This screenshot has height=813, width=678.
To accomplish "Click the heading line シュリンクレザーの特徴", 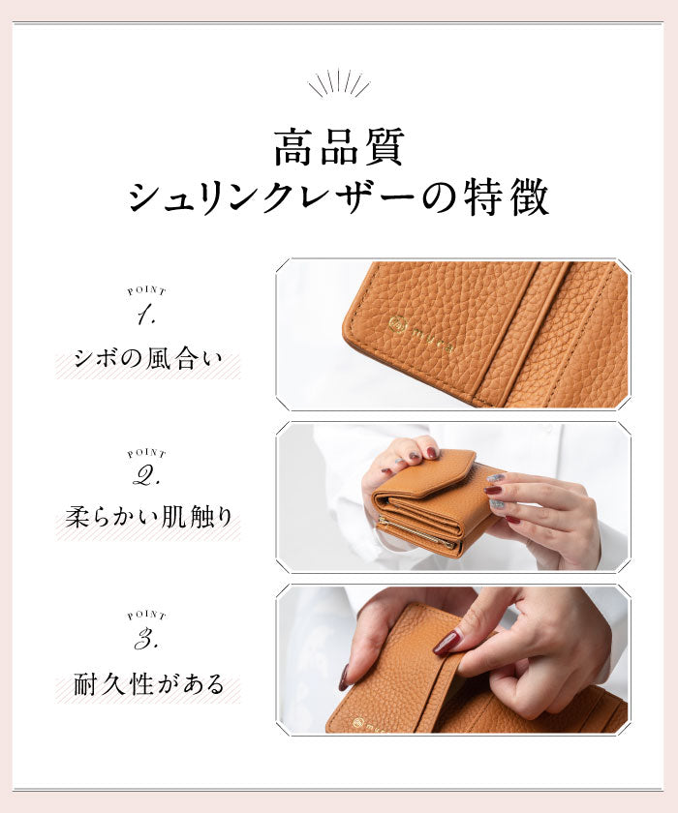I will pos(338,197).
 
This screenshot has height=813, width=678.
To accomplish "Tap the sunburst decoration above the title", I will pos(339,83).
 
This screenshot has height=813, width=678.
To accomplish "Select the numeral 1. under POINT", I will pos(146,315).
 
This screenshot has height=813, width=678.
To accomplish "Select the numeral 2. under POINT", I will pos(146,477).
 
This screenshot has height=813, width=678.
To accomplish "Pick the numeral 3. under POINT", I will pos(146,639).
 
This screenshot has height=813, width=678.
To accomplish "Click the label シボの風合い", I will pos(148,363).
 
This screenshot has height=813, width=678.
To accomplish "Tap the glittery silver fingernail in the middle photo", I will pos(495,478).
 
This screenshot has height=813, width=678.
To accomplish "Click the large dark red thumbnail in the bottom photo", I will pos(447,642).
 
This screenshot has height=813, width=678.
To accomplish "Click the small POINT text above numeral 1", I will pos(146,290).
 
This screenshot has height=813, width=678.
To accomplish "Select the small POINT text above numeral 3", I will pos(146,616).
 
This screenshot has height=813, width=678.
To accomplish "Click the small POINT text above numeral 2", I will pos(146,453).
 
